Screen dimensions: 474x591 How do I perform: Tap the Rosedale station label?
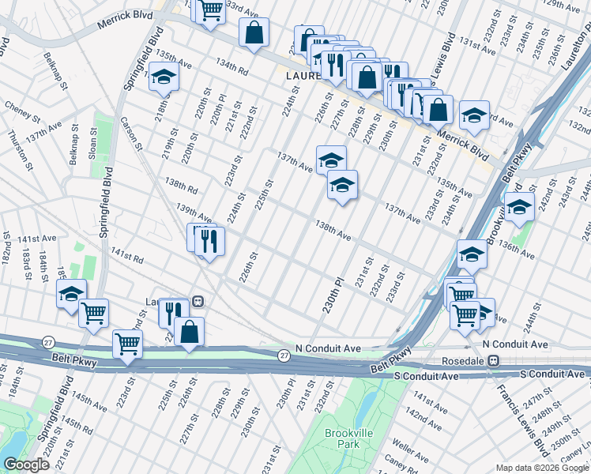(463, 360)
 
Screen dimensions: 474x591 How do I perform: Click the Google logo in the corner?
(26, 465)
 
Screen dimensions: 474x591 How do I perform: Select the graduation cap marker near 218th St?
(164, 77)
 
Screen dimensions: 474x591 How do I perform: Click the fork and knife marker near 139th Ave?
(209, 240)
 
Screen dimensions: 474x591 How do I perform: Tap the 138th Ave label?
(333, 230)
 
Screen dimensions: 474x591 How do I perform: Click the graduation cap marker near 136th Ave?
(519, 208)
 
